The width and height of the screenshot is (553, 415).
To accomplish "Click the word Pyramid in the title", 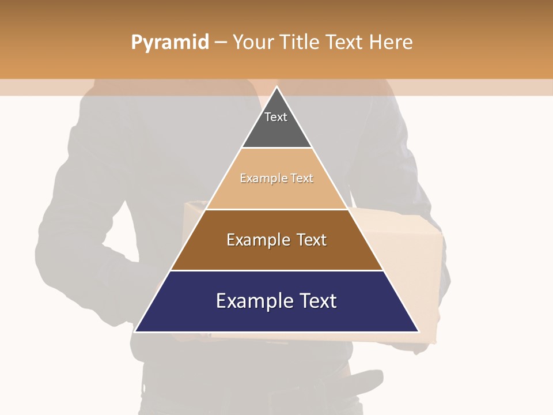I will click(170, 43).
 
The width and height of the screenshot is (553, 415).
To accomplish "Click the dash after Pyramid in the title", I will click(220, 43).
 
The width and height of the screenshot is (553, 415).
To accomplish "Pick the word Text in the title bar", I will click(346, 42).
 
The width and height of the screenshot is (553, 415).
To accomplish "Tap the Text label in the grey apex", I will click(276, 117).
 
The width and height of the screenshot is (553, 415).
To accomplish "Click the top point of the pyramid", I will click(276, 87).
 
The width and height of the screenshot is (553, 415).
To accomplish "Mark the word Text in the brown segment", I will click(312, 240).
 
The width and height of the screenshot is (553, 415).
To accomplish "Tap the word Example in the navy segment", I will click(252, 301).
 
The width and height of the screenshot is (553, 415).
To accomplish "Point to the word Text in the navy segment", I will click(317, 301).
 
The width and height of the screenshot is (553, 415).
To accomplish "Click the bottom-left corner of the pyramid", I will click(135, 331).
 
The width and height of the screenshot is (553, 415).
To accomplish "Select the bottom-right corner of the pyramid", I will click(418, 331).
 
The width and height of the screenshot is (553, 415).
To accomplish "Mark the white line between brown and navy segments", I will click(276, 270).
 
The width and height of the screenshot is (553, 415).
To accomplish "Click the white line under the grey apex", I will click(276, 148).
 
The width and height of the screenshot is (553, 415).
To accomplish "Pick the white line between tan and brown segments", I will click(276, 209).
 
